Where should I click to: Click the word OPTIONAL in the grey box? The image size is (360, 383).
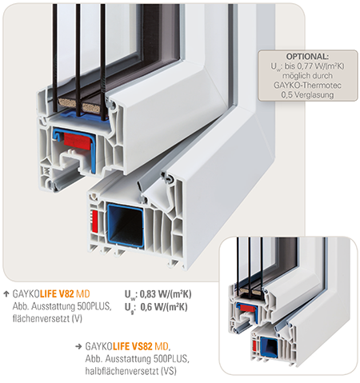(307, 57)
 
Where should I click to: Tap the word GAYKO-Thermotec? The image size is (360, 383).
(307, 86)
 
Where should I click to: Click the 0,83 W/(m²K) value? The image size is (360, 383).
(166, 294)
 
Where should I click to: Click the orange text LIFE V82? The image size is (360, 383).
(57, 294)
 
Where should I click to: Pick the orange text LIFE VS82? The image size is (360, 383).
(133, 346)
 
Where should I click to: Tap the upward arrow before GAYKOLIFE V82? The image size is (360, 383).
(6, 293)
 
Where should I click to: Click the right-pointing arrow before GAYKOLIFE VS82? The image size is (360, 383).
(78, 346)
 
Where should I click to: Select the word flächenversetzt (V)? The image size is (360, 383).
(47, 318)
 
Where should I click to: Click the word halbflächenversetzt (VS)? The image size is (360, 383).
(130, 371)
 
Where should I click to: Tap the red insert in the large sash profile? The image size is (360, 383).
(77, 141)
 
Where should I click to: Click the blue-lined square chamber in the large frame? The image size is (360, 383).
(126, 225)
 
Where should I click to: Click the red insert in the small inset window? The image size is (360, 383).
(248, 308)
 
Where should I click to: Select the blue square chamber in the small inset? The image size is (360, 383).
(269, 347)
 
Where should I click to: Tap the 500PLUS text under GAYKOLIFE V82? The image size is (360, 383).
(94, 306)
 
